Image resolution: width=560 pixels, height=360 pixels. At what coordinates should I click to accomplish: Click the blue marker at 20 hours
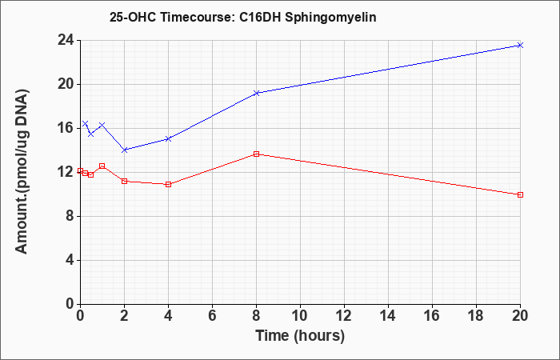click(x=520, y=45)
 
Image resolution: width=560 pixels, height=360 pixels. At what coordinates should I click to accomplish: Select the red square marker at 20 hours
click(x=520, y=194)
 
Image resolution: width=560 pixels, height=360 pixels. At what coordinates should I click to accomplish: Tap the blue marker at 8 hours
click(x=256, y=94)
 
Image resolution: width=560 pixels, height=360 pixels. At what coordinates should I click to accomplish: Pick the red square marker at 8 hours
click(x=256, y=154)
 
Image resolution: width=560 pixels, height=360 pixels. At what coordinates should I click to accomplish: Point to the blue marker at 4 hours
click(x=168, y=138)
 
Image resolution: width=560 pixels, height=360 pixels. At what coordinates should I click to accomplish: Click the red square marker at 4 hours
click(x=168, y=184)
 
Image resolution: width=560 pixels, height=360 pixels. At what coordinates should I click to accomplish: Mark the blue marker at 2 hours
click(x=124, y=150)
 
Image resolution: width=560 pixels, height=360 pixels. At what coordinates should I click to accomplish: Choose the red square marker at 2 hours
click(x=124, y=181)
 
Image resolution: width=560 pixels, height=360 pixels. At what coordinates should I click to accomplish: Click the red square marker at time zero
click(x=80, y=170)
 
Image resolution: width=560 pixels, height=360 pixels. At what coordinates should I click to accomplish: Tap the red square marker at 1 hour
click(x=102, y=166)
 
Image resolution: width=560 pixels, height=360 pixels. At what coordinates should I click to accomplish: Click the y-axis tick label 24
click(x=66, y=40)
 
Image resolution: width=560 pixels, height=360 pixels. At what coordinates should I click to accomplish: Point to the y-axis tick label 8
click(x=70, y=216)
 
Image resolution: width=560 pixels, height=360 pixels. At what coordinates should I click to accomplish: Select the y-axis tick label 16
click(x=66, y=128)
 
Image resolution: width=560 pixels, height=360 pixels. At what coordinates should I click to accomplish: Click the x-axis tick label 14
click(x=388, y=316)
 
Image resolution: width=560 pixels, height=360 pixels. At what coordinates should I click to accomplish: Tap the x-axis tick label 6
click(x=212, y=316)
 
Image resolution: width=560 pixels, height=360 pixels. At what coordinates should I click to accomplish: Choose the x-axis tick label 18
click(x=477, y=316)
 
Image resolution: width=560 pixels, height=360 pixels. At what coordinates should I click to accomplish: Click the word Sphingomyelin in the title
click(x=330, y=18)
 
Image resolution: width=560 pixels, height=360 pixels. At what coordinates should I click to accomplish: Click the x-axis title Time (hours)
click(x=300, y=336)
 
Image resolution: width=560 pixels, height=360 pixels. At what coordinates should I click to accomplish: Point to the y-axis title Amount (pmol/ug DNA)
click(x=22, y=171)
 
